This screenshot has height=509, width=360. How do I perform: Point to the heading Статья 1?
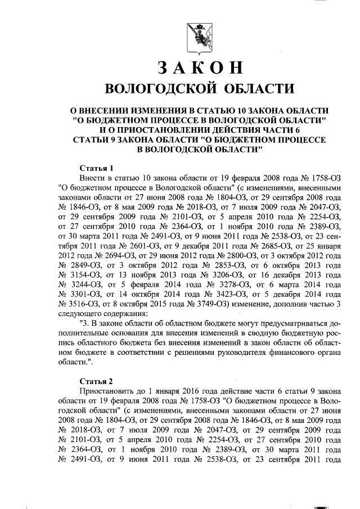click(x=96, y=168)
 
